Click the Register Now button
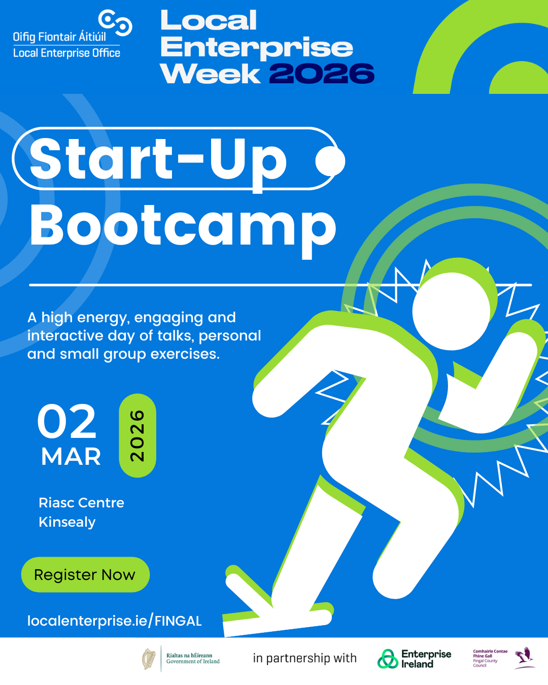point(85,574)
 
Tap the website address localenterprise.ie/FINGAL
point(114,621)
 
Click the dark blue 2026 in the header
point(322,74)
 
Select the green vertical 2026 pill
point(138,435)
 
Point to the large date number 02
point(66,422)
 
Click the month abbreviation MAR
point(71,457)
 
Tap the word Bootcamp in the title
point(183,226)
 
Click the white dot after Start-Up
point(330,161)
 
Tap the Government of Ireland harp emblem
point(149,659)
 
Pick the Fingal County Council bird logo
point(525,657)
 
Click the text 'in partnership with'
point(304,658)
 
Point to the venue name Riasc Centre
point(81,502)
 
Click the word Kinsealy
point(67,522)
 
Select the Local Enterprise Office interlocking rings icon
point(116,23)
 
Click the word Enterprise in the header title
point(256,48)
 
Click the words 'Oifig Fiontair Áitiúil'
point(59,37)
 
